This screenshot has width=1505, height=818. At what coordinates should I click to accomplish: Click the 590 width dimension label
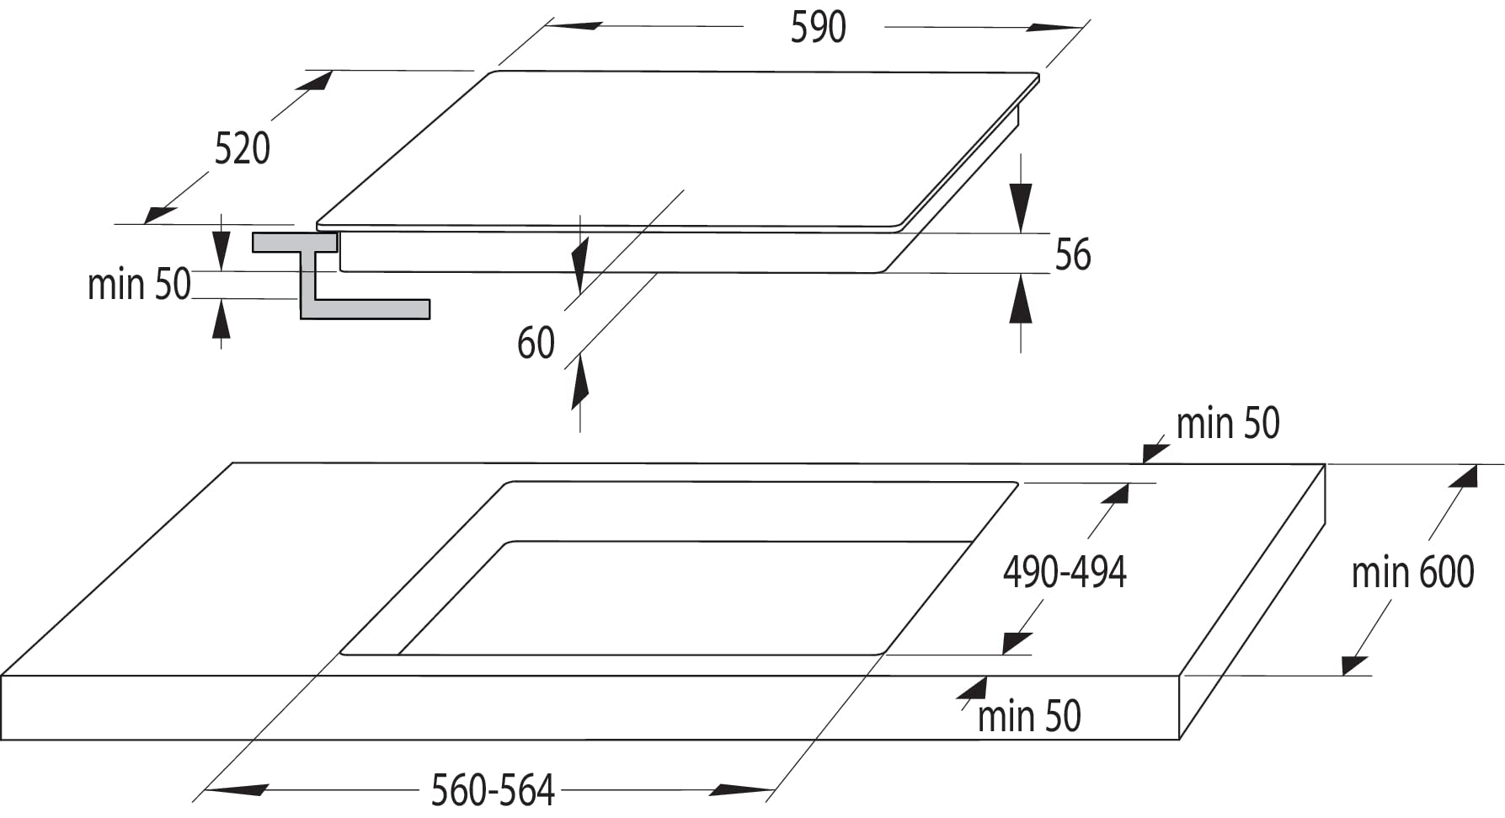818,27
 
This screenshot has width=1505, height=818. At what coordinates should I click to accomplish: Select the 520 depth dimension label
243,148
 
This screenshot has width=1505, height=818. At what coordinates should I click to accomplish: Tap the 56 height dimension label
1073,254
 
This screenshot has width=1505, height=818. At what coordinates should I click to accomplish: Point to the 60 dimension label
536,344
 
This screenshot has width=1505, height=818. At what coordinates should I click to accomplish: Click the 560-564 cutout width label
493,790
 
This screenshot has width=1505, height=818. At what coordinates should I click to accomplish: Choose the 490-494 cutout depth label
1065,572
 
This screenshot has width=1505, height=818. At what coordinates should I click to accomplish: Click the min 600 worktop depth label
1412,572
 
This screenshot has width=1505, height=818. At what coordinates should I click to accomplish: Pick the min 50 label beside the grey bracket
139,284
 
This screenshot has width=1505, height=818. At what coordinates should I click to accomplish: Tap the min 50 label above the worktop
1227,423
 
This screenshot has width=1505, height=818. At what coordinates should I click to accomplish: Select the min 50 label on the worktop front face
1029,716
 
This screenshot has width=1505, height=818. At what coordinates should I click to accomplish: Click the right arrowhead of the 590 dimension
1053,28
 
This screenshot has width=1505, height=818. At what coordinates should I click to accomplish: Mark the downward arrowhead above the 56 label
1021,206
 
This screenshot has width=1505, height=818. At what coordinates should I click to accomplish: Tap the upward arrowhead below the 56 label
1021,298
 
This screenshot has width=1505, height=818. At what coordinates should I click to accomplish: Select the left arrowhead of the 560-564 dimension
237,790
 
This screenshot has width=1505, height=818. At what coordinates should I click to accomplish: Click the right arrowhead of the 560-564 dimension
741,789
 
